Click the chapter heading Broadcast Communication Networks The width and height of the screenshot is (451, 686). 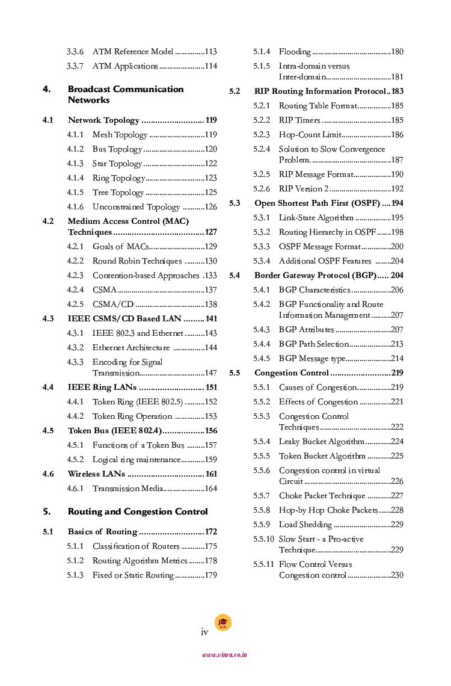pyautogui.click(x=125, y=94)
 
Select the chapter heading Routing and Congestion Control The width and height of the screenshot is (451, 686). pyautogui.click(x=138, y=511)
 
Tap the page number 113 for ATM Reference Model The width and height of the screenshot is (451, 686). pyautogui.click(x=210, y=52)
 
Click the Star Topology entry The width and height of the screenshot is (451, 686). pyautogui.click(x=117, y=164)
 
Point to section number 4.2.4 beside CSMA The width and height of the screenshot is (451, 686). pyautogui.click(x=75, y=290)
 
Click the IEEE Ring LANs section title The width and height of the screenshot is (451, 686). pyautogui.click(x=102, y=388)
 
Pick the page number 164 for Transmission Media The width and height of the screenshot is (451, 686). pyautogui.click(x=210, y=489)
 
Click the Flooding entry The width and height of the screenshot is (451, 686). pyautogui.click(x=295, y=52)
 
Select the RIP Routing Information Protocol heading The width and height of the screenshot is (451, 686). pyautogui.click(x=320, y=91)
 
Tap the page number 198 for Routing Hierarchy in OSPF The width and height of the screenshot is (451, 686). pyautogui.click(x=397, y=232)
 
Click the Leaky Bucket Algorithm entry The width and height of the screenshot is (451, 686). pyautogui.click(x=322, y=442)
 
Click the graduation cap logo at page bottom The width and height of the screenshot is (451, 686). pyautogui.click(x=223, y=623)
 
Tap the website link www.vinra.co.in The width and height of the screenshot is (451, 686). pyautogui.click(x=224, y=655)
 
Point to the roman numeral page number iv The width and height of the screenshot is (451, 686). pyautogui.click(x=204, y=632)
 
